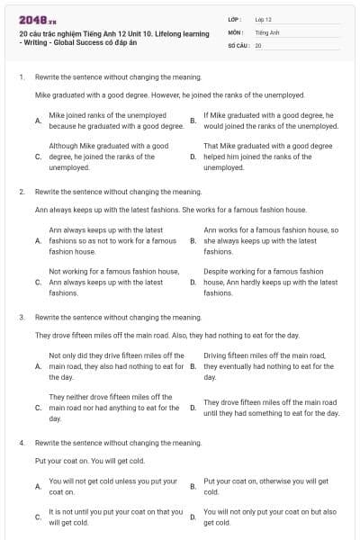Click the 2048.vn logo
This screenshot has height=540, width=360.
tap(37, 20)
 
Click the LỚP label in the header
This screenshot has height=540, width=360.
tap(234, 18)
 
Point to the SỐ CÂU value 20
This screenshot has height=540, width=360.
tap(258, 45)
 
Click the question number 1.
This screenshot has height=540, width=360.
tap(21, 77)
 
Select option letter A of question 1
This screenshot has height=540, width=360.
tap(37, 121)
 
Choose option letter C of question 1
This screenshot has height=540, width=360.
tap(37, 156)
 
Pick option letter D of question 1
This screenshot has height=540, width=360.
tap(193, 156)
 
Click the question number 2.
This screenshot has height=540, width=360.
tap(21, 192)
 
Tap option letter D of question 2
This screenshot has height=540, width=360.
tap(193, 282)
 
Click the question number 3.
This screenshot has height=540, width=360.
tap(21, 318)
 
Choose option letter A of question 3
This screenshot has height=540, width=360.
tap(37, 367)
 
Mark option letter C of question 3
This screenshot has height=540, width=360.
tap(37, 408)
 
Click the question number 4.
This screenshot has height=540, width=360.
tap(21, 444)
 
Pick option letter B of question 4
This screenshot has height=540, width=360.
tap(193, 487)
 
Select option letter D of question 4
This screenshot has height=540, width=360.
tap(193, 517)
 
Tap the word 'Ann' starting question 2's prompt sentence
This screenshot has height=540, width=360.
tap(40, 210)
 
